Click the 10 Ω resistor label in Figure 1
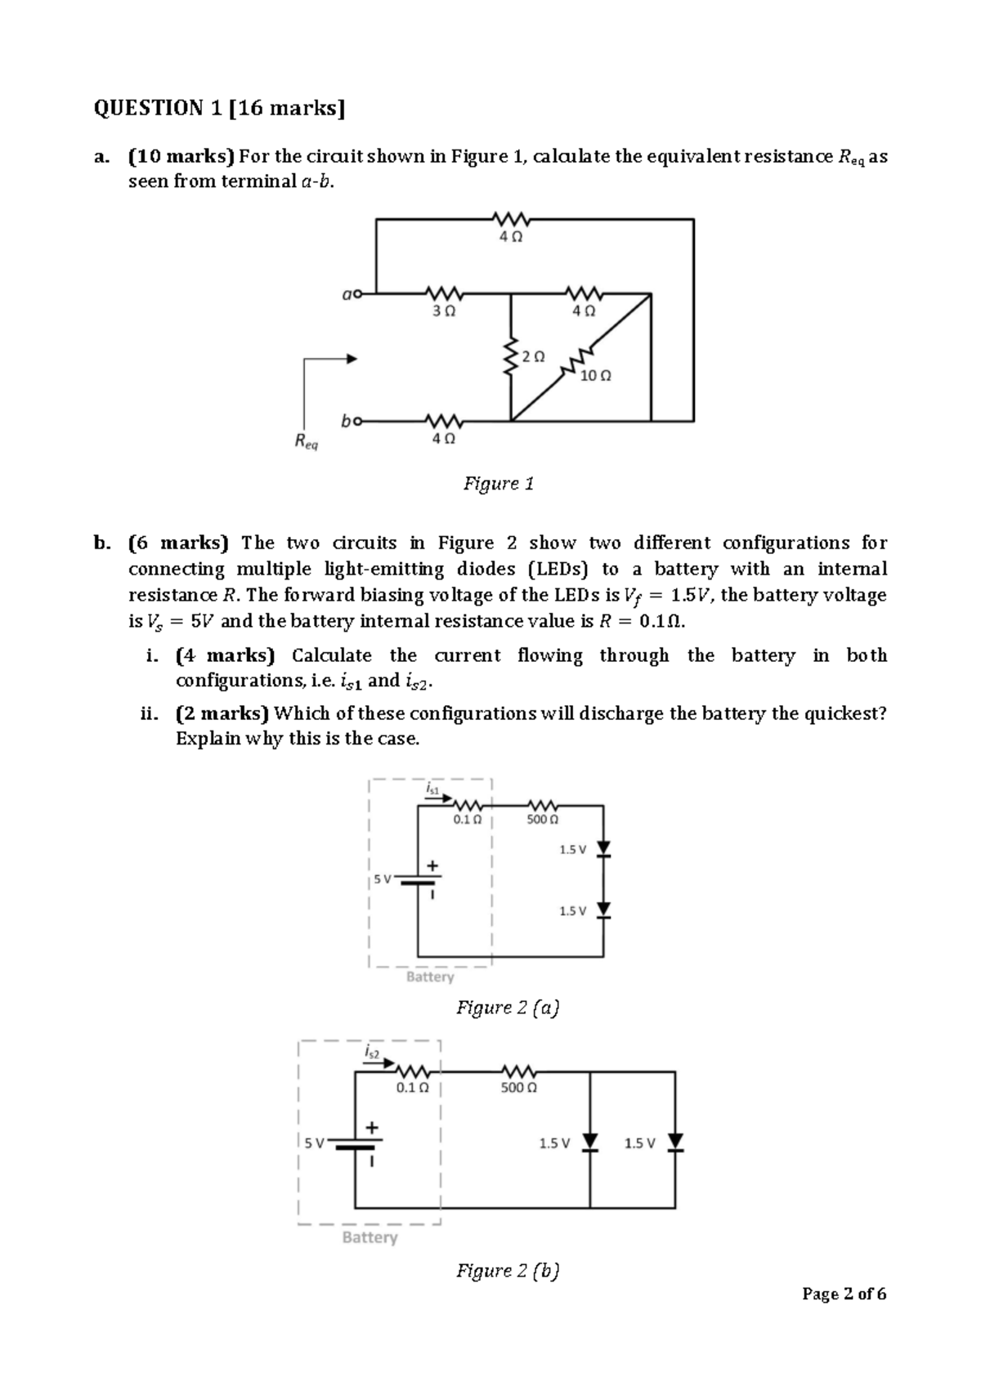(x=594, y=377)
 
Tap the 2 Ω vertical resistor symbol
(x=512, y=357)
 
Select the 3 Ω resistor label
(x=444, y=311)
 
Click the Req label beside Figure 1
(x=306, y=443)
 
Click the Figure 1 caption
(x=499, y=484)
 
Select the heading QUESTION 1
(x=219, y=109)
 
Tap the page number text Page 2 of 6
(x=844, y=1294)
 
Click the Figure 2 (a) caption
(x=507, y=1008)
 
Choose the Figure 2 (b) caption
(x=507, y=1271)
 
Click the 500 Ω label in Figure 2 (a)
(x=542, y=819)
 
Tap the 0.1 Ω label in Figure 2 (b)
(x=412, y=1088)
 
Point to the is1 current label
(x=433, y=789)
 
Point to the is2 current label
(x=371, y=1053)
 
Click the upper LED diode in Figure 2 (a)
(x=603, y=850)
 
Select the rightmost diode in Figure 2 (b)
(x=675, y=1142)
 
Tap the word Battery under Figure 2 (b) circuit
(x=370, y=1237)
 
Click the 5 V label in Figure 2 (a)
(x=382, y=879)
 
